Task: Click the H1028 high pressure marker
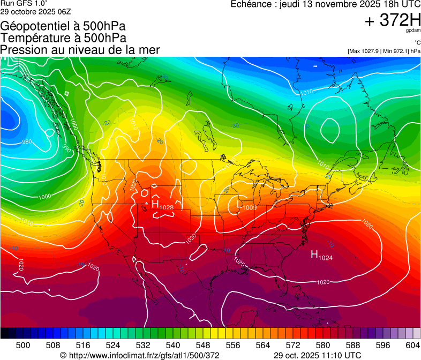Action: [162, 205]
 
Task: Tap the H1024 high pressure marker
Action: [322, 255]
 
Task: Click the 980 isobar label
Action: [26, 142]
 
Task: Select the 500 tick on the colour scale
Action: [23, 346]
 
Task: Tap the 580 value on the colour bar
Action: [323, 346]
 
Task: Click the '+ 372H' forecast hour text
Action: [392, 20]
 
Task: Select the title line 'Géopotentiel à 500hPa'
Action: [64, 26]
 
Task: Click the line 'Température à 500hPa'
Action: [63, 37]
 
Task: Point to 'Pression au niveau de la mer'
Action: [80, 50]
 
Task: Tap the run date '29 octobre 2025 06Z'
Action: [35, 11]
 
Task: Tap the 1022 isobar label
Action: [133, 184]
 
